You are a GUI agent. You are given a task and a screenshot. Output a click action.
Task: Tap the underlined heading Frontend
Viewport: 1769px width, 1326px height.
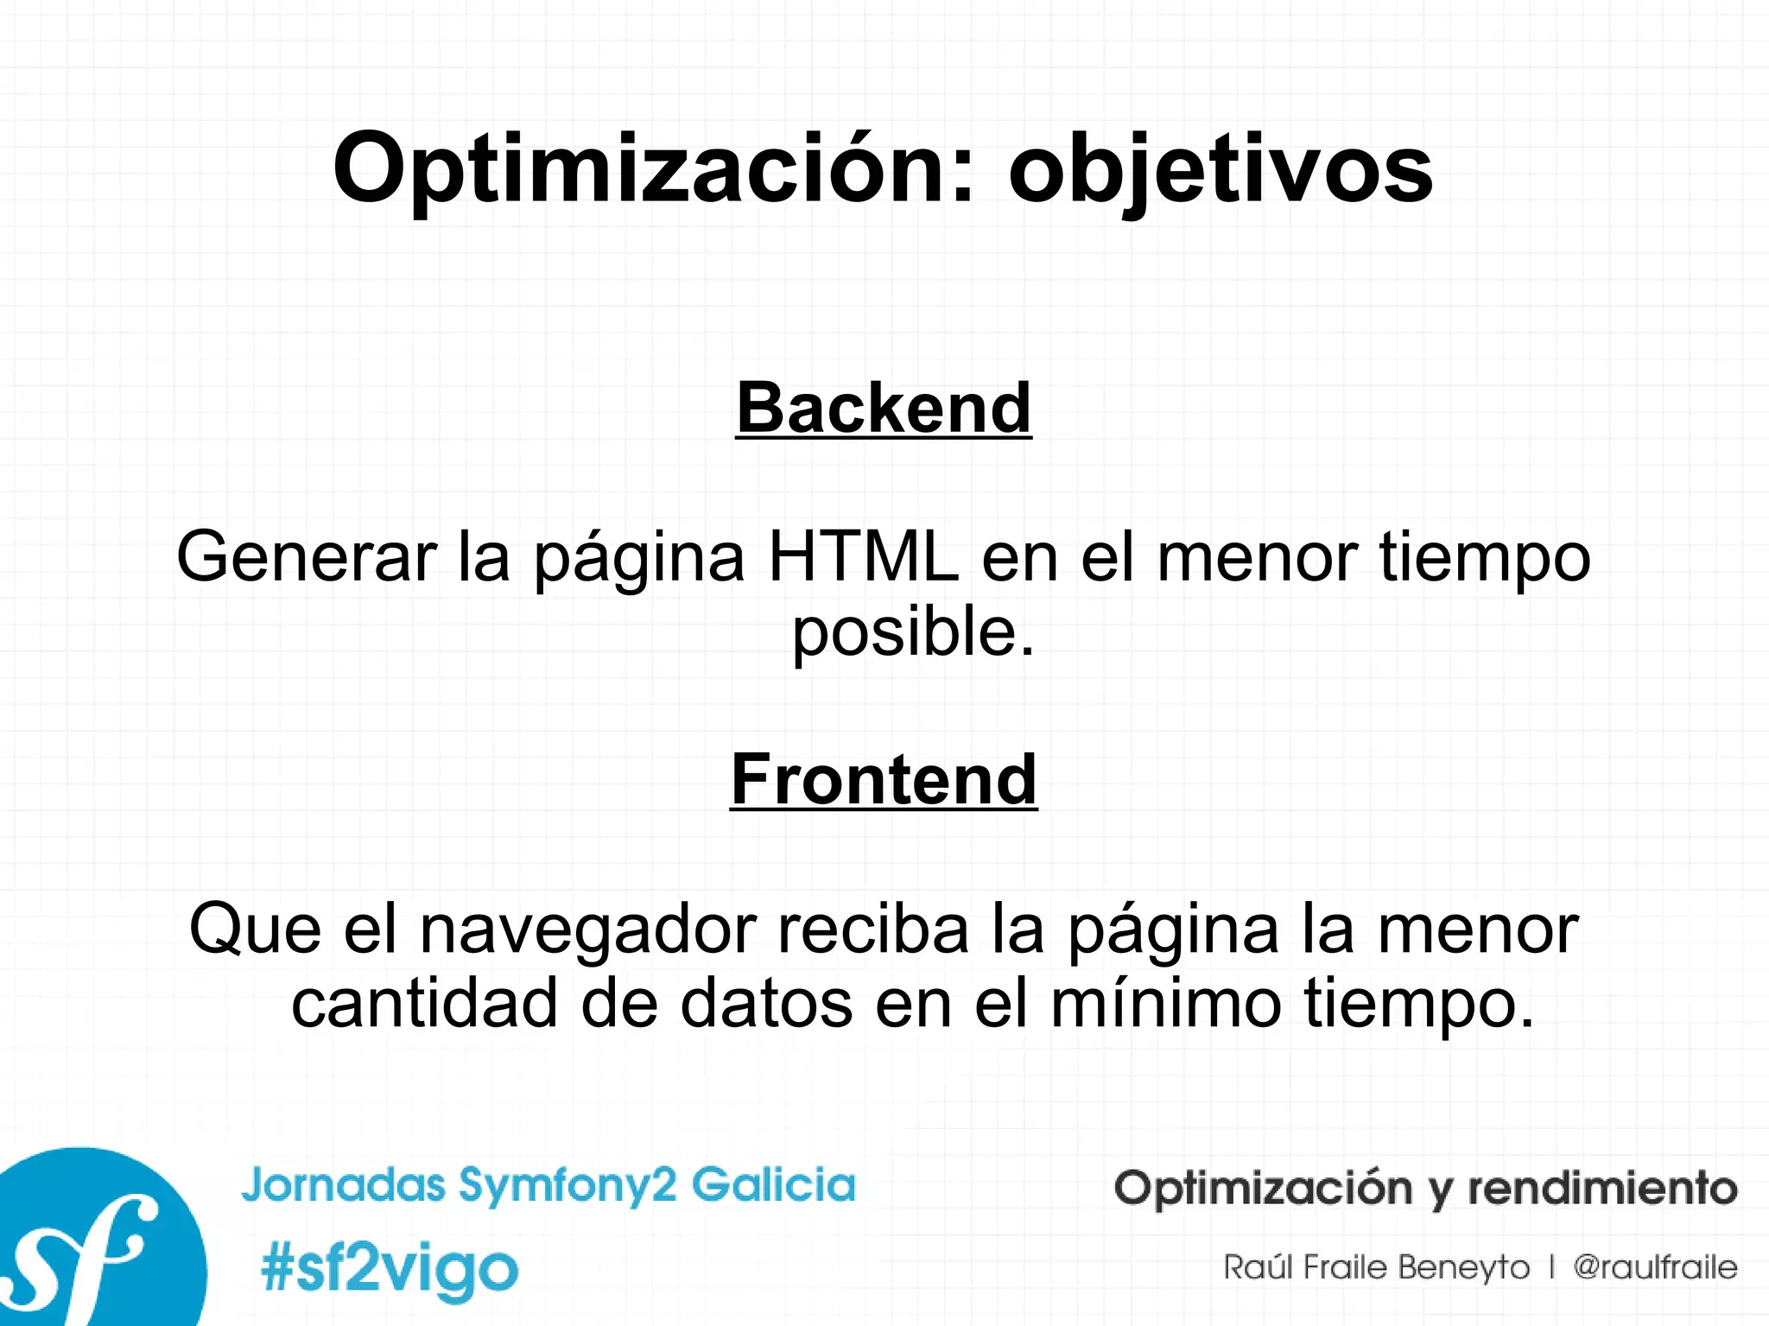(x=884, y=779)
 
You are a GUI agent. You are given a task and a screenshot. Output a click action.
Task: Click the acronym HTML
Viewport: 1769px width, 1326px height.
(x=863, y=557)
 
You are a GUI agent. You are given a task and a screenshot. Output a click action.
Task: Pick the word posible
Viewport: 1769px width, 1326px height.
(x=912, y=631)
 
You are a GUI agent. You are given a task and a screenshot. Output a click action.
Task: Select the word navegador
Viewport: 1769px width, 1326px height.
(x=588, y=929)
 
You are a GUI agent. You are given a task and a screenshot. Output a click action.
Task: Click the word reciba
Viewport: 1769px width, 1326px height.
(x=873, y=929)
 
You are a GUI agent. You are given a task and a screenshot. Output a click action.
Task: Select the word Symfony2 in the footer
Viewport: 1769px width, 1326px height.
(x=567, y=1185)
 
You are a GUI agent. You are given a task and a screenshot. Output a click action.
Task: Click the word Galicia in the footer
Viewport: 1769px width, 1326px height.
(x=773, y=1184)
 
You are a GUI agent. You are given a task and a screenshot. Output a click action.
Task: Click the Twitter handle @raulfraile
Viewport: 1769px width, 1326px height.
(x=1654, y=1267)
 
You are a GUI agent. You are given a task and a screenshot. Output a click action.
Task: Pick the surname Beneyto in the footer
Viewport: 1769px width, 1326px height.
(x=1463, y=1267)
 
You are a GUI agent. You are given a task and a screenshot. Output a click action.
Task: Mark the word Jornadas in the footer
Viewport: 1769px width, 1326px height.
(x=343, y=1184)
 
